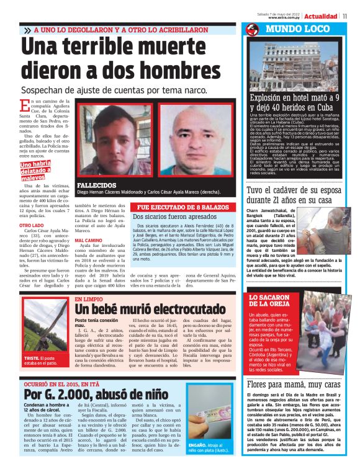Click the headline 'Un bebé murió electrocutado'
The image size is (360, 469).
coord(147,308)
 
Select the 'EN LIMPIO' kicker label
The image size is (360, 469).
coord(88,298)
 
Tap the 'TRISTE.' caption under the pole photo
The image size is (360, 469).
coord(32,359)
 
